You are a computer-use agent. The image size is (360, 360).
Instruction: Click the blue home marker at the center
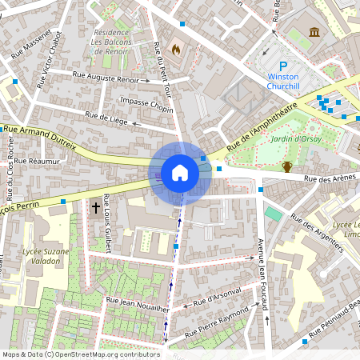click(180, 172)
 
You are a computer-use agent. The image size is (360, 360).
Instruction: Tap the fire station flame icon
click(175, 48)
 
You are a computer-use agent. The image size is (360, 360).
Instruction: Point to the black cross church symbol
click(95, 208)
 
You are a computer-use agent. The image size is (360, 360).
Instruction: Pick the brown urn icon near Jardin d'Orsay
click(286, 166)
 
